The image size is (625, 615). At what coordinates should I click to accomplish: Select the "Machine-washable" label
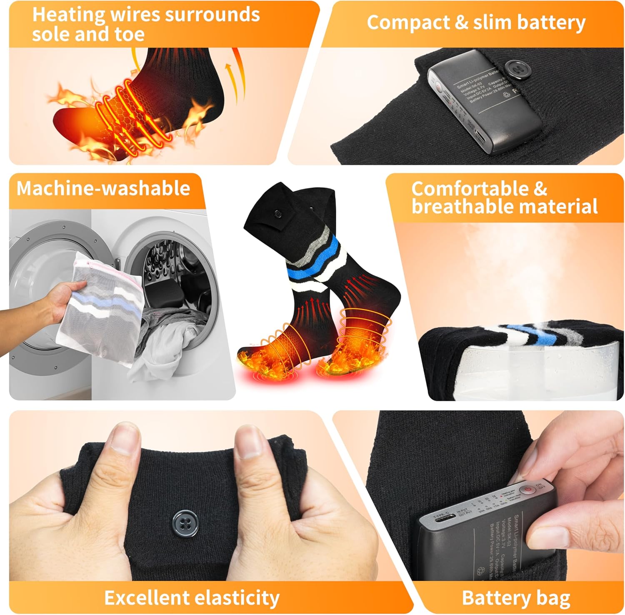(103, 188)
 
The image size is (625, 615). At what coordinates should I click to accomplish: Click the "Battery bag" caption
(516, 598)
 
